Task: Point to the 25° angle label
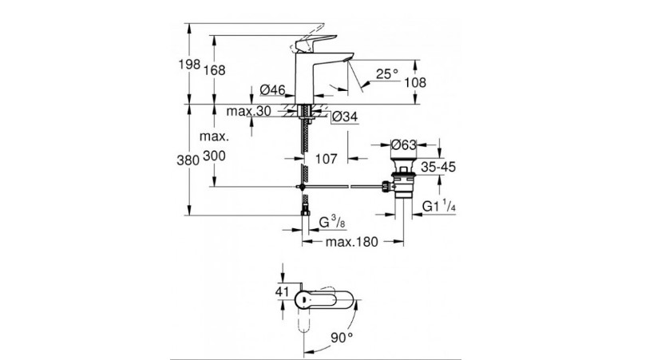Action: click(x=387, y=73)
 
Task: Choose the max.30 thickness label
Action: click(x=249, y=112)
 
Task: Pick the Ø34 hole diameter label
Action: click(x=343, y=117)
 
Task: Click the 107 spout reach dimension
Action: click(x=326, y=158)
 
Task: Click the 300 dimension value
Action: click(x=214, y=157)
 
